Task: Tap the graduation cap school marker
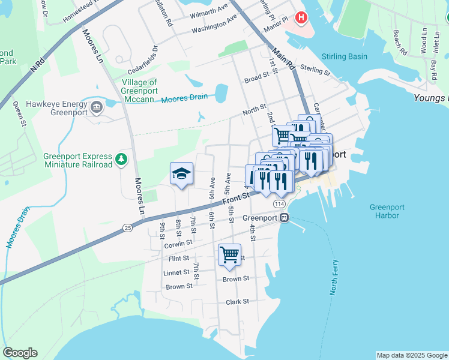click(181, 173)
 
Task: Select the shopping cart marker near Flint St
click(229, 255)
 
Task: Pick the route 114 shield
click(279, 205)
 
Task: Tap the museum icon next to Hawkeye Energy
click(96, 107)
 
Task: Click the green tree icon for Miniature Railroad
click(122, 158)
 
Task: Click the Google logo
click(20, 353)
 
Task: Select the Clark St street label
click(238, 302)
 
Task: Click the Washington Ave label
click(214, 26)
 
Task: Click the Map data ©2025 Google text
click(412, 355)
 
